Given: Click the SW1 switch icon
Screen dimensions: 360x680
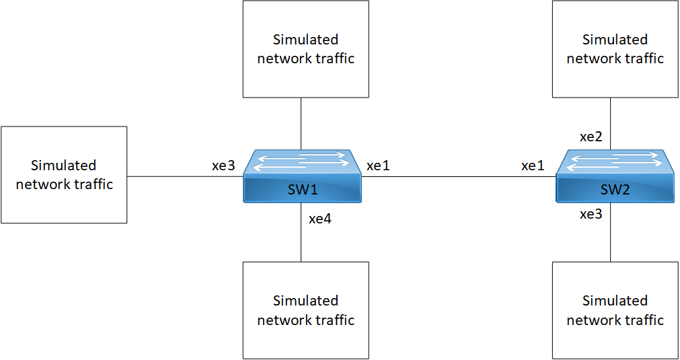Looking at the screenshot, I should point(303,176).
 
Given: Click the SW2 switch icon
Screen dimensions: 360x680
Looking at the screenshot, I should point(615,176).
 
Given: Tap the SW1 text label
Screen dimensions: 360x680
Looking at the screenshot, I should point(303,190).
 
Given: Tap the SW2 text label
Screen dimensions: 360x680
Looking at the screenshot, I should point(615,190).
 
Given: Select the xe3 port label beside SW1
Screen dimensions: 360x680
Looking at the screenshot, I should point(223,166).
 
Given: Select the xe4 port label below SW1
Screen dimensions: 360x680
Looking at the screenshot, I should point(320,218).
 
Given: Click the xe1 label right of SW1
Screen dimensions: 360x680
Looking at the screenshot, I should point(378,166).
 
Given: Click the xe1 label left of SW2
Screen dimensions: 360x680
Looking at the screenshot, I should point(533,166).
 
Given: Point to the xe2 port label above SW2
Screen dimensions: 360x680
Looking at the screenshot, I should point(591,137).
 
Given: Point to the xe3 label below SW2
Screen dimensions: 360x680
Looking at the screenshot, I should point(591,215).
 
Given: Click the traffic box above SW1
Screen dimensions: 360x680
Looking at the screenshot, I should point(305,49).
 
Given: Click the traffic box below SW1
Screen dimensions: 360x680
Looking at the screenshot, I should point(305,310).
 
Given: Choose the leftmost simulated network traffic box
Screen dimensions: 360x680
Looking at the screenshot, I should point(64,175).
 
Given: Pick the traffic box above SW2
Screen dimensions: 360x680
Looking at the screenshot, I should point(615,49).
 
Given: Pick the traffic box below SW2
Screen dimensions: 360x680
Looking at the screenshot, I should point(615,310).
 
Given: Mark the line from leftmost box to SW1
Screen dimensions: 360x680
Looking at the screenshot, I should point(185,177).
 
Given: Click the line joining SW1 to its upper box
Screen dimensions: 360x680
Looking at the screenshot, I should point(301,123).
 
